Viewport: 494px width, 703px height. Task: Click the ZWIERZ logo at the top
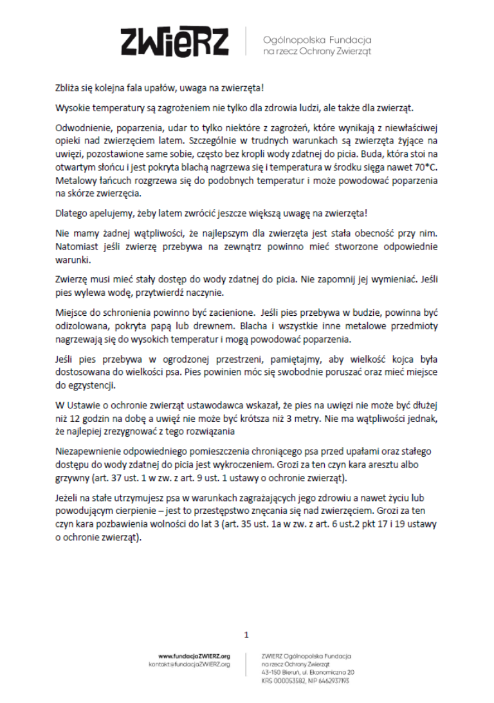coord(174,42)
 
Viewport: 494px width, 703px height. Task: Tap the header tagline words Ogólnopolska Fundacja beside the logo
coord(317,39)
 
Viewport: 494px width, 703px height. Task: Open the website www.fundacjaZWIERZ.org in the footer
coord(194,655)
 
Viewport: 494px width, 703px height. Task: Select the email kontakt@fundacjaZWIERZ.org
coord(189,664)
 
